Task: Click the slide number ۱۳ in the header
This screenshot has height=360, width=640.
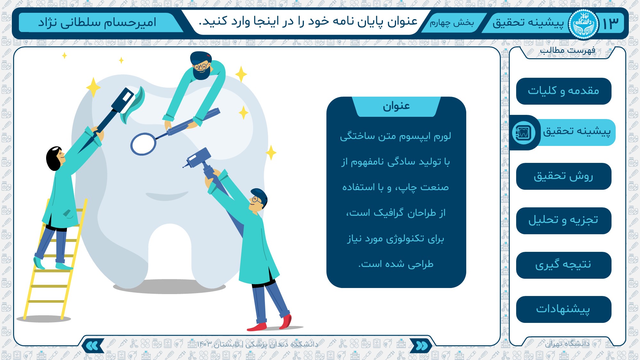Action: [x=611, y=24]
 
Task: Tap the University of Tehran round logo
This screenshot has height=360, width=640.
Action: [x=583, y=24]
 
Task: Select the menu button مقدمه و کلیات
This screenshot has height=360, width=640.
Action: [x=564, y=91]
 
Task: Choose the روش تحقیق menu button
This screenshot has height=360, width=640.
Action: [x=564, y=176]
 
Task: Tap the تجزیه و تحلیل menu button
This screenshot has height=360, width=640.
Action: [x=564, y=221]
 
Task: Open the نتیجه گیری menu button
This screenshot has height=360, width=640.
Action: [x=564, y=265]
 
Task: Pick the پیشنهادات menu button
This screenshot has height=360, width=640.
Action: [x=564, y=309]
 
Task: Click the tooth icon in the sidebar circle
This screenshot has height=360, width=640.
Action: [x=523, y=132]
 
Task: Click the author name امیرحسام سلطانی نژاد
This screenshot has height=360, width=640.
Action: [x=97, y=23]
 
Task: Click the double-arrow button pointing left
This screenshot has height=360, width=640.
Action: [x=93, y=346]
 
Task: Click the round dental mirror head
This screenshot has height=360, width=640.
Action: [x=143, y=144]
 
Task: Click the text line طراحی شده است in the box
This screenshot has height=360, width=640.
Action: [x=396, y=264]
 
